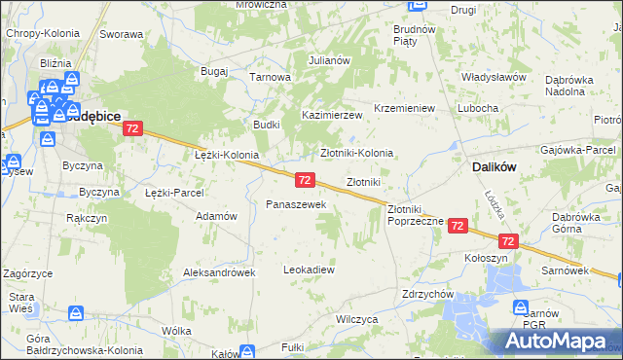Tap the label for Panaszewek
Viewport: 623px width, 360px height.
pyautogui.click(x=289, y=204)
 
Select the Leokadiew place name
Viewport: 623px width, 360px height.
pyautogui.click(x=309, y=269)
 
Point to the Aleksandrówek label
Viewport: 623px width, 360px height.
pyautogui.click(x=219, y=273)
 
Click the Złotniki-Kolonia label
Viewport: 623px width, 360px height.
pyautogui.click(x=357, y=153)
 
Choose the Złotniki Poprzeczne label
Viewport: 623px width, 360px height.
pyautogui.click(x=416, y=215)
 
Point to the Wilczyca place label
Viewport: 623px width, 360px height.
pyautogui.click(x=356, y=318)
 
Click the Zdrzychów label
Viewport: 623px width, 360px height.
pyautogui.click(x=428, y=293)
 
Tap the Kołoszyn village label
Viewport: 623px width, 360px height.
pyautogui.click(x=486, y=259)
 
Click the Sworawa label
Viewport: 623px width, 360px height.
pyautogui.click(x=121, y=34)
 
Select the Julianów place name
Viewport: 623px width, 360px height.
pyautogui.click(x=329, y=60)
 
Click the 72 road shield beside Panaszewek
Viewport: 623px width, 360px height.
pyautogui.click(x=305, y=180)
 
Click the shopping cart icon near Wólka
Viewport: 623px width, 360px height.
pyautogui.click(x=75, y=313)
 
